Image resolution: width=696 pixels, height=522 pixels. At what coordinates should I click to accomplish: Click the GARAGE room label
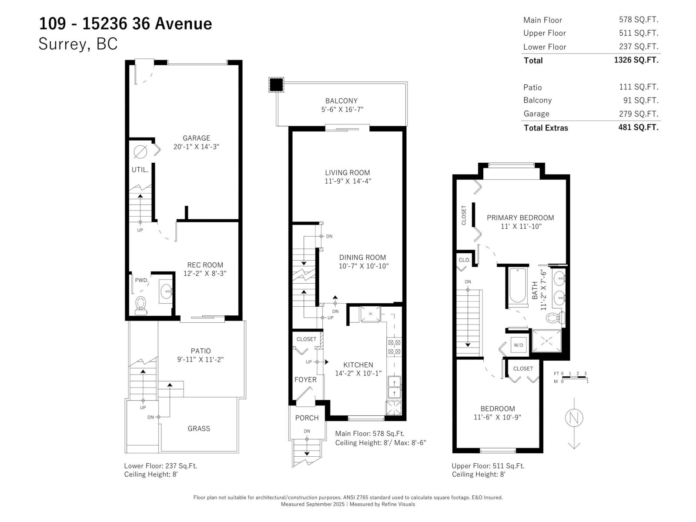(196, 138)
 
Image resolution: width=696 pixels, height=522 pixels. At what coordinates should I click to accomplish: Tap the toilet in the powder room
(141, 304)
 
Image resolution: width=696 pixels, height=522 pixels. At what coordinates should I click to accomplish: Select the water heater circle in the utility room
(140, 152)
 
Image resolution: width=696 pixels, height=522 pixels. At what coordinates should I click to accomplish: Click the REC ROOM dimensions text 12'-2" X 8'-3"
(204, 274)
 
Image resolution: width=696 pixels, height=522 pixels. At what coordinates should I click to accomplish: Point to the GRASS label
(199, 428)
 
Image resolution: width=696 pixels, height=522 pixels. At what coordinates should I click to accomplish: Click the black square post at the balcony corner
(276, 84)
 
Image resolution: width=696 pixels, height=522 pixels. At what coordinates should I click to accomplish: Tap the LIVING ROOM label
(348, 173)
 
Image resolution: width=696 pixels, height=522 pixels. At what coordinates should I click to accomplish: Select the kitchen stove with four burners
(394, 347)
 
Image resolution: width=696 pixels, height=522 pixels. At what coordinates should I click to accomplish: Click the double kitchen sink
(394, 387)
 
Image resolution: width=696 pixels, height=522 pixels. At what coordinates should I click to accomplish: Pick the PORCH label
(307, 418)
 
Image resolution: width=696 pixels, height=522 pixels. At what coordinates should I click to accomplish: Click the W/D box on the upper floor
(519, 345)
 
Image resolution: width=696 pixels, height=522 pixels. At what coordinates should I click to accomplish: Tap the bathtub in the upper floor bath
(518, 285)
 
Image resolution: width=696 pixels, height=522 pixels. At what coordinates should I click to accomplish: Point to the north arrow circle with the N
(574, 418)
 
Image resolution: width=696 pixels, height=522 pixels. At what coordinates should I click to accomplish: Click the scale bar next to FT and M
(574, 377)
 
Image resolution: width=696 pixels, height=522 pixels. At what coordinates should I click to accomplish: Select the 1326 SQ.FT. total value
(636, 60)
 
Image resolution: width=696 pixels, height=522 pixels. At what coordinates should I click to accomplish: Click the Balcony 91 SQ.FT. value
(641, 100)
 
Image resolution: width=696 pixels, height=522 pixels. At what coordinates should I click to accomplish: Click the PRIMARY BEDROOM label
(520, 217)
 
